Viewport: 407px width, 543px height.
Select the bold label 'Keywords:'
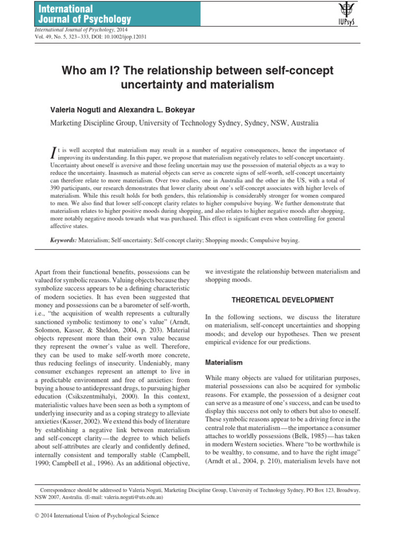(64, 240)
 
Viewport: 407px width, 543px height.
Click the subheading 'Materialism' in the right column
(224, 363)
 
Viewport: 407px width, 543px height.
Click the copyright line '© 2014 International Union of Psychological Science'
(96, 515)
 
